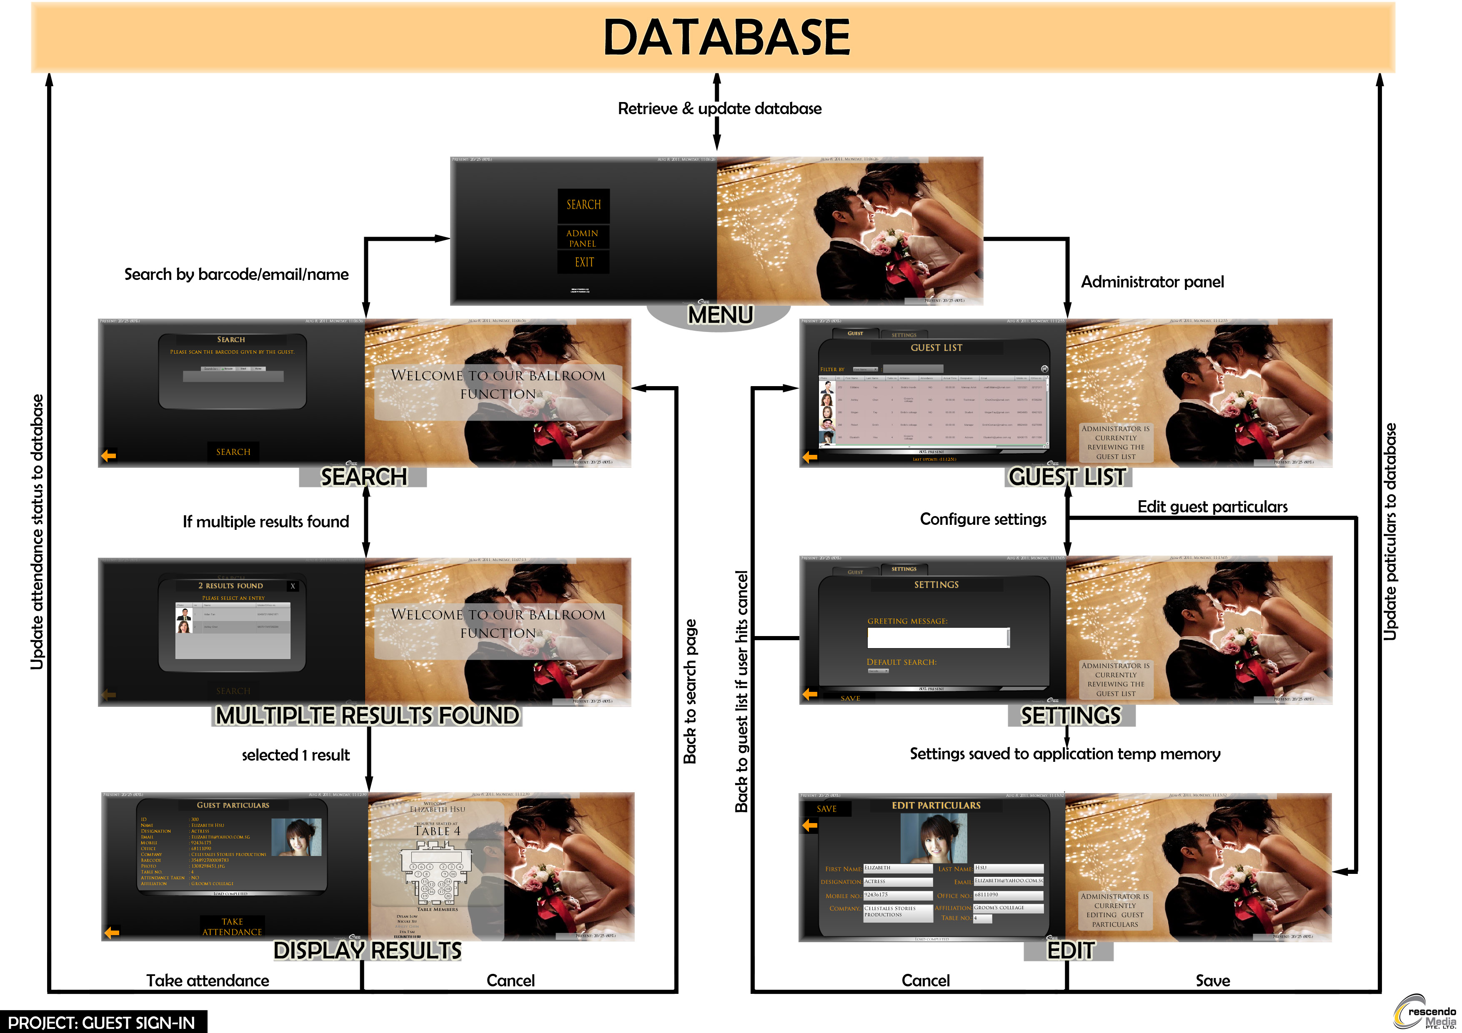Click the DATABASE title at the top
[x=726, y=37]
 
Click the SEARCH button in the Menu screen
[x=583, y=204]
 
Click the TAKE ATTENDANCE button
[x=233, y=927]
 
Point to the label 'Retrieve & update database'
[x=719, y=109]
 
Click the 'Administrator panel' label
[x=1152, y=282]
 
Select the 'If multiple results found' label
[x=265, y=522]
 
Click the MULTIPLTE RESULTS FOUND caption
[x=368, y=716]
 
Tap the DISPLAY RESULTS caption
[x=368, y=950]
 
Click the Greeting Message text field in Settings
[x=937, y=638]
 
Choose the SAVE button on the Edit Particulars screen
[x=826, y=809]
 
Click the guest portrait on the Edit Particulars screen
[x=934, y=838]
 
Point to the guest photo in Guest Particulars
[x=296, y=837]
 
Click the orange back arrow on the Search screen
[x=109, y=456]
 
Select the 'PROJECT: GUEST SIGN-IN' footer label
[x=102, y=1022]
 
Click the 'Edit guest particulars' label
[x=1212, y=507]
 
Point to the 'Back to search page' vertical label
[x=690, y=691]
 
